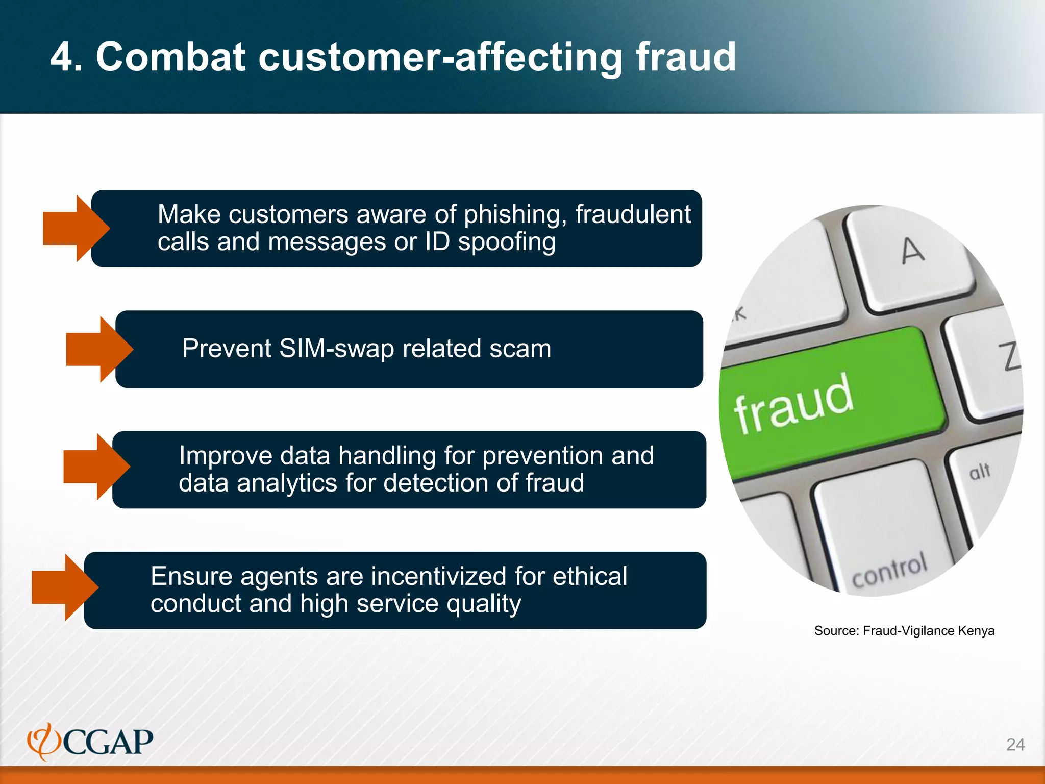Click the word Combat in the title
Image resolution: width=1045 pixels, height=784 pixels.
pyautogui.click(x=171, y=57)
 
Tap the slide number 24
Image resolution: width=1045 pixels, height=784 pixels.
pyautogui.click(x=1015, y=744)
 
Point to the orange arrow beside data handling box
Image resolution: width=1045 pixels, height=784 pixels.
pyautogui.click(x=96, y=466)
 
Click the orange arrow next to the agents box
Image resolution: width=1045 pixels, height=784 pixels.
pyautogui.click(x=65, y=587)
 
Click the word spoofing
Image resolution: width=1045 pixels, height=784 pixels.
pyautogui.click(x=506, y=242)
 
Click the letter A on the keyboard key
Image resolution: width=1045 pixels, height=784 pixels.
pyautogui.click(x=912, y=251)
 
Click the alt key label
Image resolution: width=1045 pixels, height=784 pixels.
pyautogui.click(x=980, y=471)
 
